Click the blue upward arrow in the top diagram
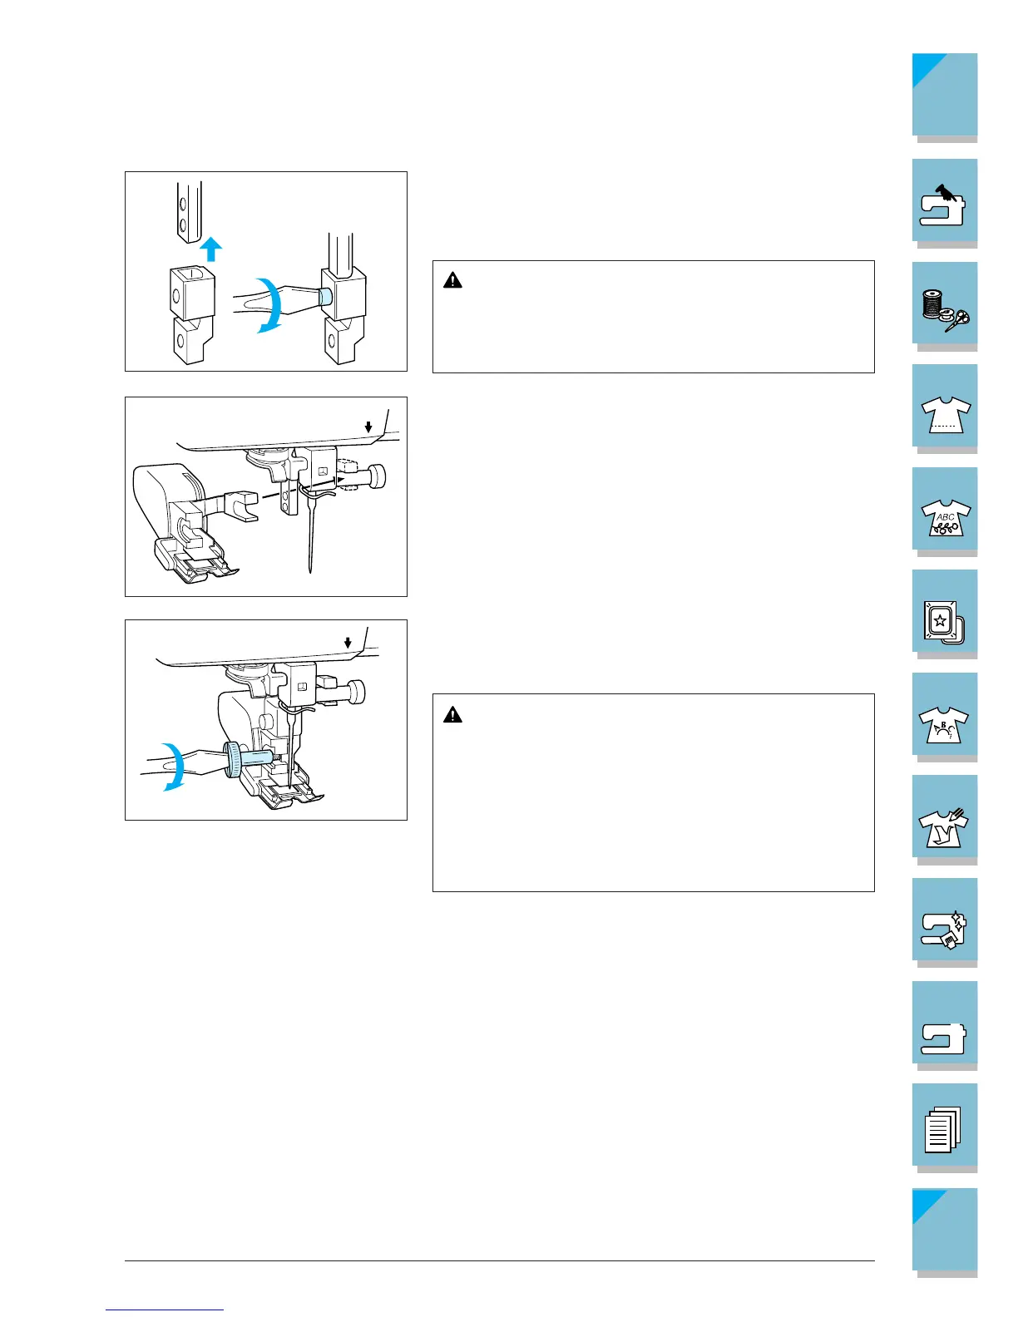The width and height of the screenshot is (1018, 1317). pos(212,249)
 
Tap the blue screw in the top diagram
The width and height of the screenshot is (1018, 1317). pos(325,295)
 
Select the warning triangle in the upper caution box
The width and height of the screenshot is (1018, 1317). pos(452,280)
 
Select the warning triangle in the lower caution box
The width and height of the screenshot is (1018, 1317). pos(452,714)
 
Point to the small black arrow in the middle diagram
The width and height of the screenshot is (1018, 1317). pos(368,427)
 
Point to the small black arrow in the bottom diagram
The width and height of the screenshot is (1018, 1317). pos(348,643)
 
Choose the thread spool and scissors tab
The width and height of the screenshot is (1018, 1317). pos(944,305)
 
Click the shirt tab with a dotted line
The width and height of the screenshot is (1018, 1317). pos(944,408)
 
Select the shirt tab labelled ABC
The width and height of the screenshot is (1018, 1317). pos(944,511)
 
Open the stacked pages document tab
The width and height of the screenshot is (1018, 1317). pos(944,1128)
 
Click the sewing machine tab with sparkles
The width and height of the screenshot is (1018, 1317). pos(944,923)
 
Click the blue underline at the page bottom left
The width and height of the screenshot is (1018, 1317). pos(166,1310)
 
